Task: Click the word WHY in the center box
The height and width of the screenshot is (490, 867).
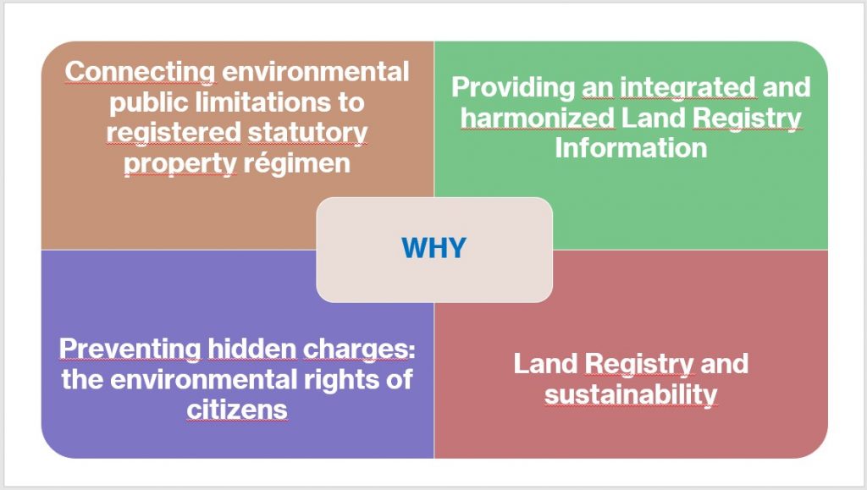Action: pos(434,248)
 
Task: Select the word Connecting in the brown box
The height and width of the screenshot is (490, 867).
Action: pos(141,73)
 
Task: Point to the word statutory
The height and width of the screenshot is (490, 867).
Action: pos(307,133)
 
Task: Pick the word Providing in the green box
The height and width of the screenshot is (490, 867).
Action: pos(513,88)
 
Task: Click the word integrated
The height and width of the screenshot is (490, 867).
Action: pos(688,88)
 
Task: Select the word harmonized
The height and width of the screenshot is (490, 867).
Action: pos(538,118)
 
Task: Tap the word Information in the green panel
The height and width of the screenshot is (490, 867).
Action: pos(631,148)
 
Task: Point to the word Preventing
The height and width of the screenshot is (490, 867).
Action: pos(130,350)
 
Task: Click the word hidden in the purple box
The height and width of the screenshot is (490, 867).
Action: pos(252,349)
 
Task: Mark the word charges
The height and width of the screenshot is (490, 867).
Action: pos(359,350)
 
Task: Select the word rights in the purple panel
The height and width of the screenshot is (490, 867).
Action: pos(341,380)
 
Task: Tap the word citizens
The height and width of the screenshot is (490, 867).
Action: pos(237,410)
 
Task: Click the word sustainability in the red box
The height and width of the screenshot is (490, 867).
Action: pos(631,395)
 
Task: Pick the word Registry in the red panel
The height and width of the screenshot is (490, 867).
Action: pos(638,365)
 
